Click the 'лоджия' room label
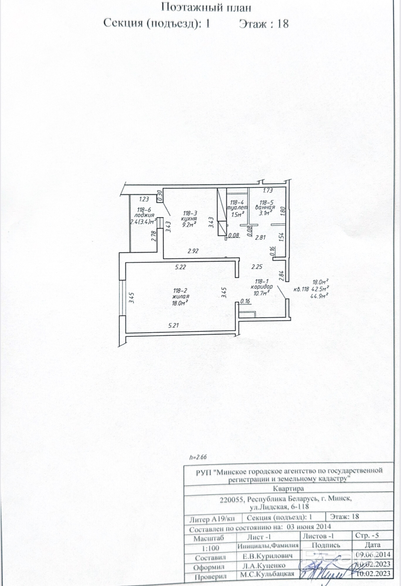[x=144, y=215]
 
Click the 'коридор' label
[x=262, y=287]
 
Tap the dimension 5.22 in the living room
[x=181, y=267]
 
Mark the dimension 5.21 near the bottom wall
[x=174, y=325]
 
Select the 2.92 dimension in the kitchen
[x=193, y=251]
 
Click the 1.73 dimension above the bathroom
[x=268, y=190]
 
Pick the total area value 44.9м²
[x=319, y=296]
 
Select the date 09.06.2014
[x=373, y=554]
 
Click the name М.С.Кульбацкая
[x=267, y=574]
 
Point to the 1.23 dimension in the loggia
[x=144, y=199]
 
